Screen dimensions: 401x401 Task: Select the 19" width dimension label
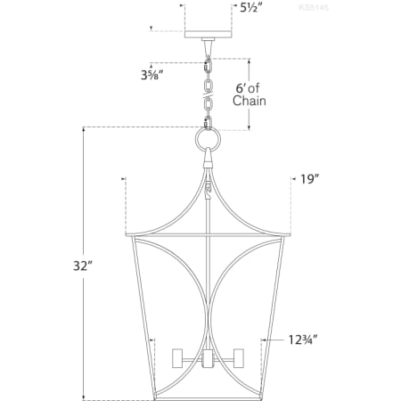click(309, 179)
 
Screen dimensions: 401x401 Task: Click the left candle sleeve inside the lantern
click(177, 360)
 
